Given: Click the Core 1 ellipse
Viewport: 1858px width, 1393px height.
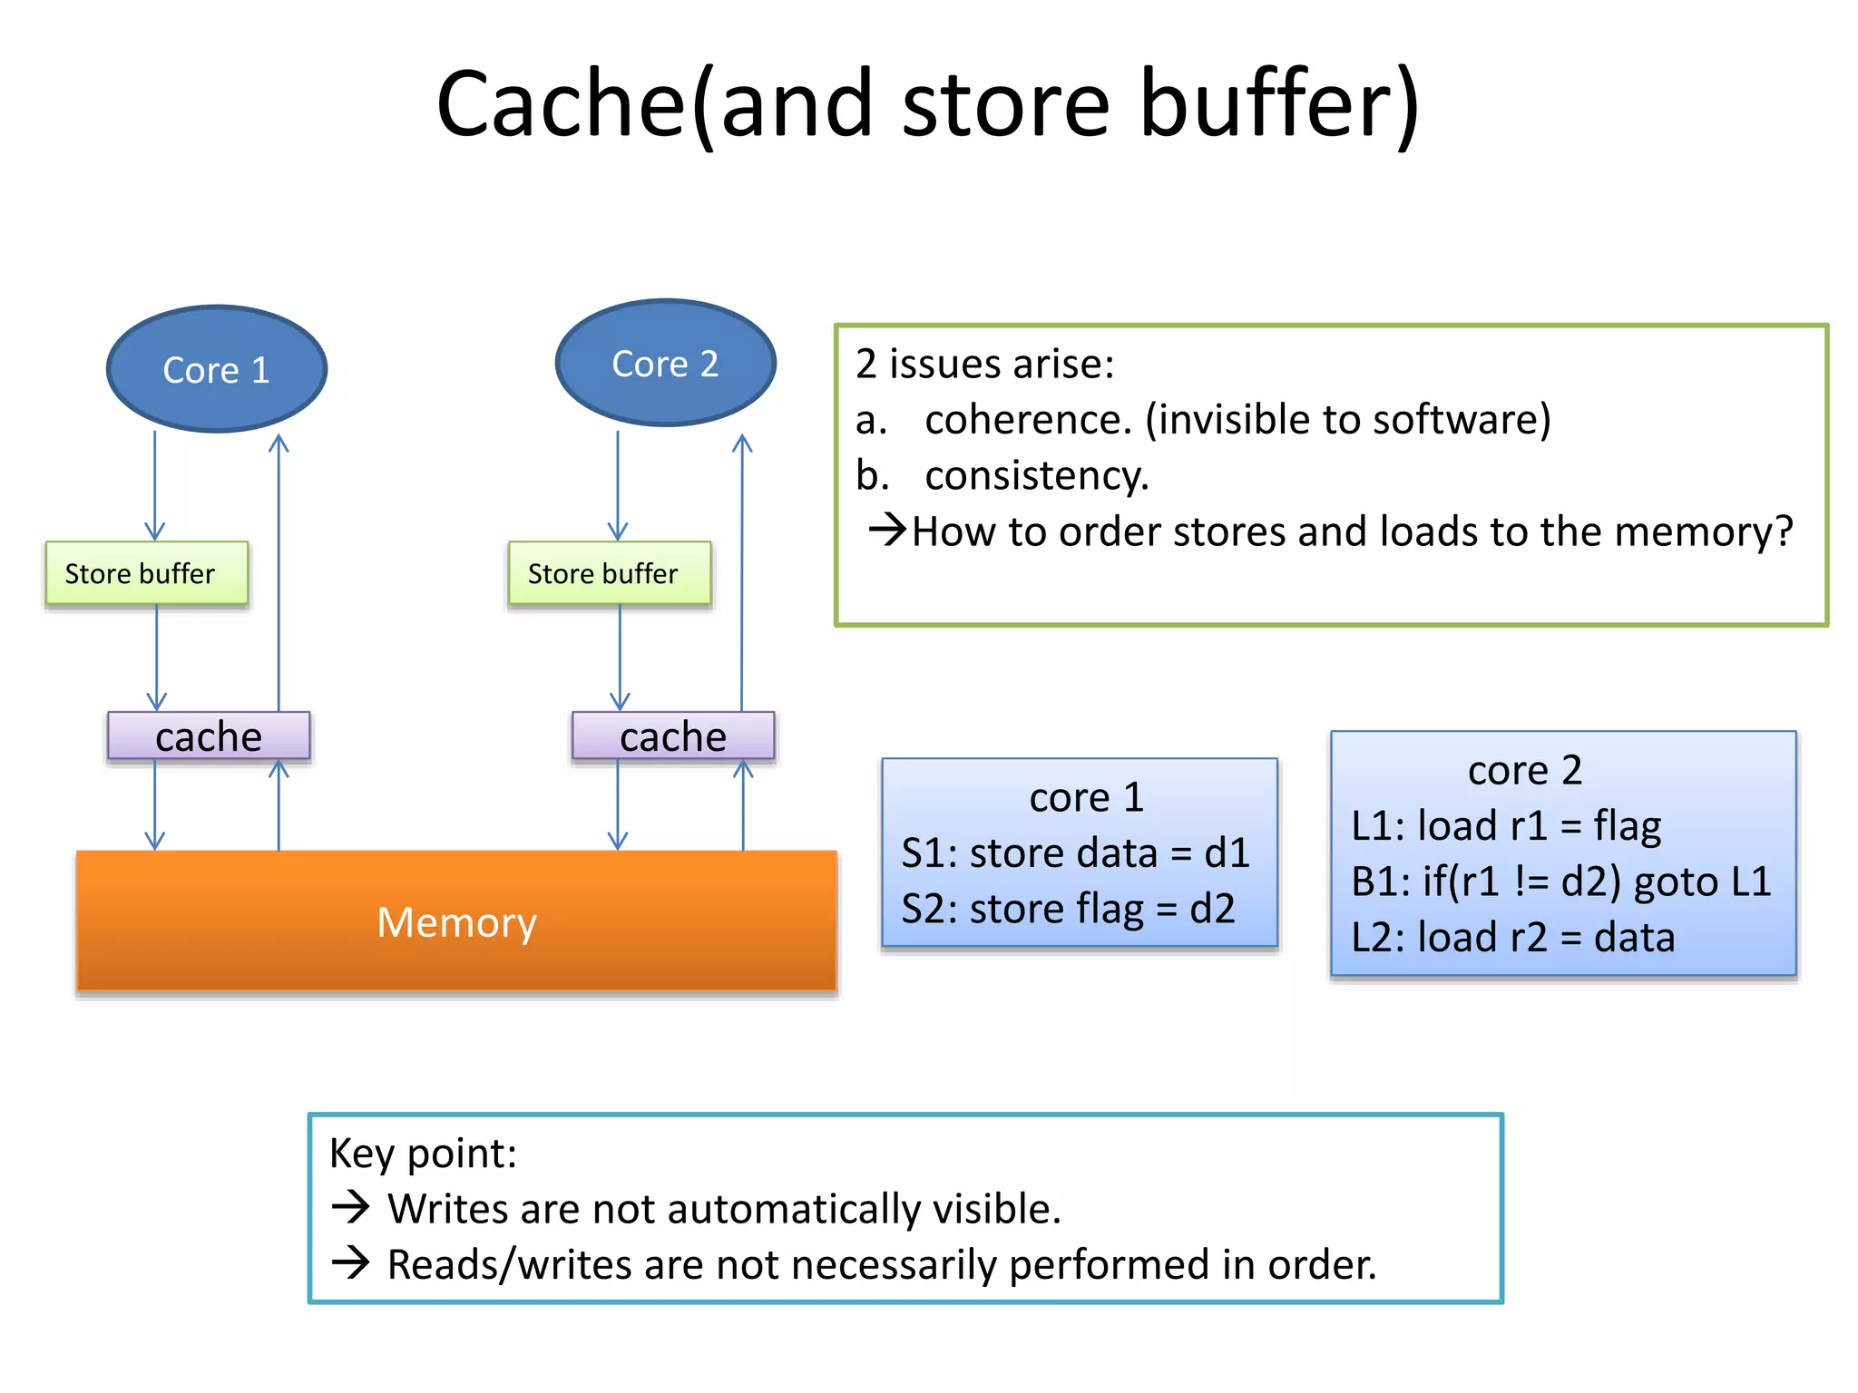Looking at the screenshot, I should pos(216,369).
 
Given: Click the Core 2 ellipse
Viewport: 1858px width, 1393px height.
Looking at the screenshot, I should pos(665,364).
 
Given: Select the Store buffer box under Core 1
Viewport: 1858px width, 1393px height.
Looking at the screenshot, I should pos(146,573).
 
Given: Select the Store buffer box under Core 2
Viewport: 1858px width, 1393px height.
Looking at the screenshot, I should pos(609,573).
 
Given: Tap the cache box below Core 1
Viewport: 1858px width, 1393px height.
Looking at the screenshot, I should pos(209,735).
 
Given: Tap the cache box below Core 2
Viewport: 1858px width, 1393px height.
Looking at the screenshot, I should pos(672,735).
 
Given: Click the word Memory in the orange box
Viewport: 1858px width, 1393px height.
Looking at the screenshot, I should pos(456,922).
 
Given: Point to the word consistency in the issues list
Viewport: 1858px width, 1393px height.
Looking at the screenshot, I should pos(1036,476).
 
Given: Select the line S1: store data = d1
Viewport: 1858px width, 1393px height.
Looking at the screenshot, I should pos(1075,853).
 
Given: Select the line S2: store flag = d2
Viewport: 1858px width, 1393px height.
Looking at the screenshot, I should pos(1068,909).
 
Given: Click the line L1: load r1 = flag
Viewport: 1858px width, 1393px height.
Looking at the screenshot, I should pos(1506,826).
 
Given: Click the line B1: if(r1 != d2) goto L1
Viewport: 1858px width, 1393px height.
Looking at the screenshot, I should pos(1560,882).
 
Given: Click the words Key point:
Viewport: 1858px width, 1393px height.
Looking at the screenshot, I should pos(423,1154).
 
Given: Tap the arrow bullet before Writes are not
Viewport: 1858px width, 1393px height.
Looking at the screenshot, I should pos(350,1207).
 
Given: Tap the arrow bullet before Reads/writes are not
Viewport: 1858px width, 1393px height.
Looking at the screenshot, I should pos(350,1262).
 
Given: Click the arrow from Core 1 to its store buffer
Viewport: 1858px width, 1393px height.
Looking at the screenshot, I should pos(154,485).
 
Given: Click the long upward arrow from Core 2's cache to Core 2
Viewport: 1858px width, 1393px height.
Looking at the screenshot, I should pos(742,571).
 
